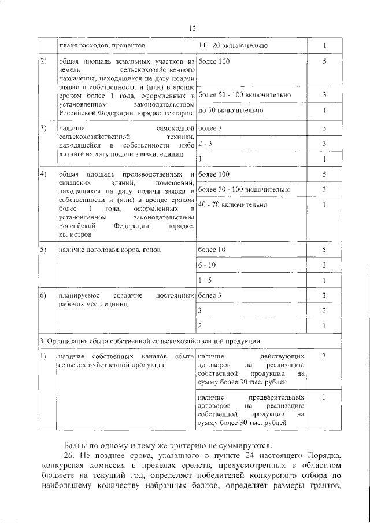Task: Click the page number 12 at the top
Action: (193, 28)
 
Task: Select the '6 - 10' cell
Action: (206, 265)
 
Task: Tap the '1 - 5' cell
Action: (204, 280)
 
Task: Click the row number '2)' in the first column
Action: (43, 61)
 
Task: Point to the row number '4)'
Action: (43, 174)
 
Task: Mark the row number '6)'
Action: (43, 296)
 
